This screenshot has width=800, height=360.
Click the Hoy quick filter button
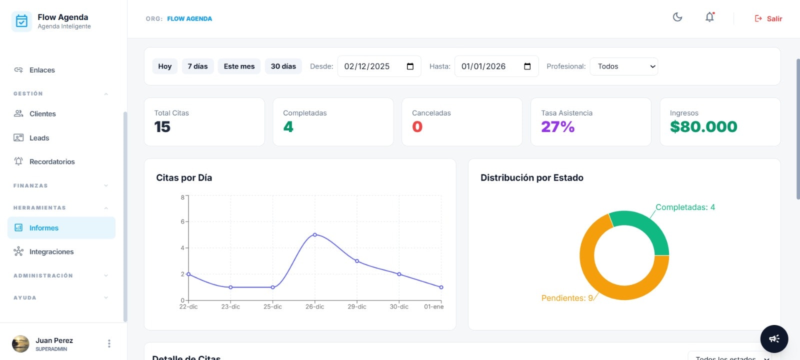point(164,66)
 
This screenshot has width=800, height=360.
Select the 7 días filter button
point(197,66)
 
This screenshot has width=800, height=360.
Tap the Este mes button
point(239,66)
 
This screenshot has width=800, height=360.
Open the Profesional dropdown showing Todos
point(624,66)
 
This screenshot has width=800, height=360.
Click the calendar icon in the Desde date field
point(410,66)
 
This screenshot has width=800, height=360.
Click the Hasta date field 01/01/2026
point(483,66)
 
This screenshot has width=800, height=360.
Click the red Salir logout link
point(768,18)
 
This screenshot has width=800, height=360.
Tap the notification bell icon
point(709,17)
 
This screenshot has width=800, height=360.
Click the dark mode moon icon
point(677,17)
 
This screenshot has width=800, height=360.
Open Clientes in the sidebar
point(42,114)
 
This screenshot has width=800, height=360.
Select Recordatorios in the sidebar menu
point(51,162)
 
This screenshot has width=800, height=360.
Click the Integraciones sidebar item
point(51,252)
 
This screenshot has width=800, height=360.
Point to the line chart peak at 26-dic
point(315,234)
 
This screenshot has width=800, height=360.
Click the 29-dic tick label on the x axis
point(357,307)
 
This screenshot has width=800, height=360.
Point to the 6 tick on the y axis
point(182,221)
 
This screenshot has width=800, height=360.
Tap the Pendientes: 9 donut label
point(567,298)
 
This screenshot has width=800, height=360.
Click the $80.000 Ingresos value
point(703,127)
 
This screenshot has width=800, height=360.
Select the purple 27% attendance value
point(557,127)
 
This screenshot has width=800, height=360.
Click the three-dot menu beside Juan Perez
point(109,343)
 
